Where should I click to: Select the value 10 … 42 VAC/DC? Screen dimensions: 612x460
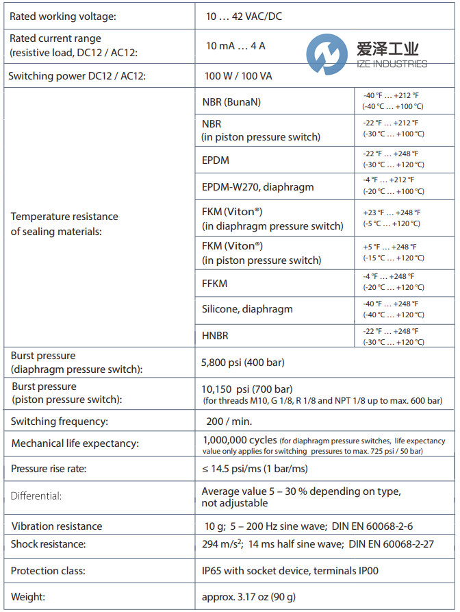pyautogui.click(x=244, y=16)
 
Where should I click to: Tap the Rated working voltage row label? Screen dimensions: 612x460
pyautogui.click(x=62, y=16)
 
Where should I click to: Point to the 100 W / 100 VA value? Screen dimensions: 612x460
pyautogui.click(x=238, y=76)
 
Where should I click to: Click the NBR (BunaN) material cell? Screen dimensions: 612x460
pyautogui.click(x=231, y=102)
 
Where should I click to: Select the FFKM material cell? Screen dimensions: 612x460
pyautogui.click(x=214, y=283)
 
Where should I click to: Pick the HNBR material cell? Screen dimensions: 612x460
pyautogui.click(x=215, y=336)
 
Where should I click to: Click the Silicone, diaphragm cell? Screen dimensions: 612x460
pyautogui.click(x=247, y=309)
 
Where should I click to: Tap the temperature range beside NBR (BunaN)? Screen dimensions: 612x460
pyautogui.click(x=392, y=101)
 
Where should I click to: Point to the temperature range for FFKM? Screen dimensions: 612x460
pyautogui.click(x=392, y=282)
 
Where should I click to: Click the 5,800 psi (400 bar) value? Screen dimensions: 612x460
pyautogui.click(x=243, y=362)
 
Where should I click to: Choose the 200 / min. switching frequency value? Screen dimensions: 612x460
pyautogui.click(x=229, y=421)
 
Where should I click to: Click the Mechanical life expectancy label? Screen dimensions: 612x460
pyautogui.click(x=75, y=443)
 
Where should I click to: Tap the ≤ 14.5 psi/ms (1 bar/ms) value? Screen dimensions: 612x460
pyautogui.click(x=254, y=469)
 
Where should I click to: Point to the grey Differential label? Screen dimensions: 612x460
pyautogui.click(x=36, y=495)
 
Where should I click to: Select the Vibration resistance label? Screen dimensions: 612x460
pyautogui.click(x=57, y=526)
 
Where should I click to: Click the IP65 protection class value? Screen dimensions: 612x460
pyautogui.click(x=290, y=570)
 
